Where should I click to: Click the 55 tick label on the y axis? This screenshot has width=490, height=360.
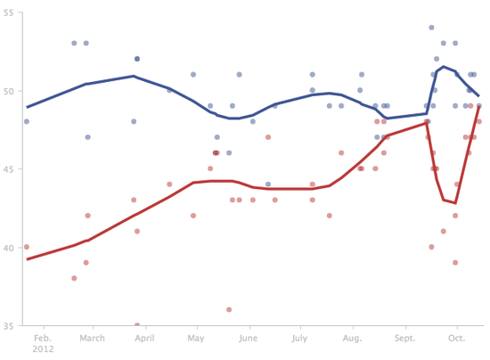click(x=8, y=12)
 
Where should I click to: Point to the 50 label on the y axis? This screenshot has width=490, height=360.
click(x=8, y=90)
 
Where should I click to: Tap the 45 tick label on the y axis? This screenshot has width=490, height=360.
click(x=8, y=168)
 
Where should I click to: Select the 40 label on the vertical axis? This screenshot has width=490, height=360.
click(x=8, y=247)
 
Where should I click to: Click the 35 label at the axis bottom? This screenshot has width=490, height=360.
click(x=8, y=325)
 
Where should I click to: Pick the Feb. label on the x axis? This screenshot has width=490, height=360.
click(x=41, y=338)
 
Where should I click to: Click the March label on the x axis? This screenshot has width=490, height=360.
click(x=93, y=338)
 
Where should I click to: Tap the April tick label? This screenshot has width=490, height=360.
click(x=144, y=338)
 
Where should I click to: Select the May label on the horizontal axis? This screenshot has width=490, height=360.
click(x=196, y=338)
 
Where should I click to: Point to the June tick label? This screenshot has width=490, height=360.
click(x=249, y=338)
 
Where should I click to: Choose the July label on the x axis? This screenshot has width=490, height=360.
click(x=299, y=338)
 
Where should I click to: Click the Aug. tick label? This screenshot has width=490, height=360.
click(x=353, y=338)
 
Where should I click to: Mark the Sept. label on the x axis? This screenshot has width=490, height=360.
click(x=405, y=338)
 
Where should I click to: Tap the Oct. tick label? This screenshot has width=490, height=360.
click(x=457, y=338)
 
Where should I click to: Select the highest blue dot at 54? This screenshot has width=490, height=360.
click(x=432, y=28)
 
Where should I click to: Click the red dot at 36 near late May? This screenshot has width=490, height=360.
click(x=229, y=309)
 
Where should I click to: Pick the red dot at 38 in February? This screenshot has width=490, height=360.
click(x=74, y=278)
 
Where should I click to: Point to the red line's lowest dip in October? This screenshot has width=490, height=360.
click(x=454, y=202)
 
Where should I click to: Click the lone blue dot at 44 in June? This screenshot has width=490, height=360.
click(x=268, y=184)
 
